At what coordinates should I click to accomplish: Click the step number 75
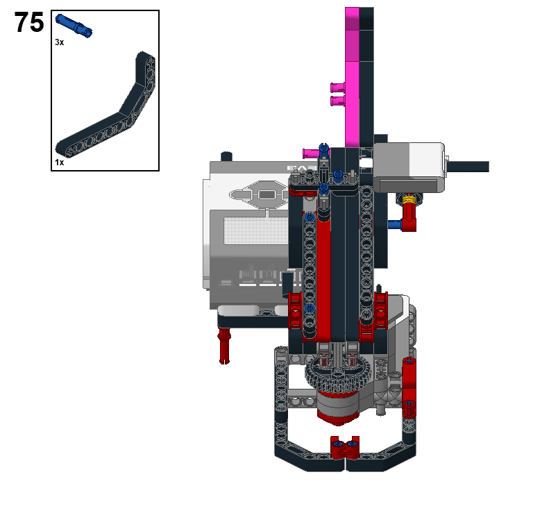pyautogui.click(x=29, y=22)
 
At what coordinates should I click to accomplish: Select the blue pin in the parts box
pyautogui.click(x=74, y=26)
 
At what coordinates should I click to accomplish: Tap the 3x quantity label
pyautogui.click(x=59, y=42)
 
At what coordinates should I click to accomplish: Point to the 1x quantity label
pyautogui.click(x=59, y=162)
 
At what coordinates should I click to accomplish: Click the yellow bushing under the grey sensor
pyautogui.click(x=409, y=199)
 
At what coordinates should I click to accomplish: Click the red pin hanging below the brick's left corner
pyautogui.click(x=224, y=345)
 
